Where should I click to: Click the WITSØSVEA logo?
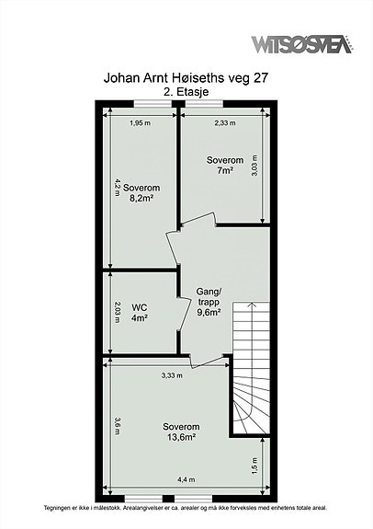click(301, 44)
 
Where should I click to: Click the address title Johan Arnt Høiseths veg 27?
click(186, 78)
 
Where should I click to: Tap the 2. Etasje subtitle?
click(186, 92)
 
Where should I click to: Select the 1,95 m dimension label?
click(141, 122)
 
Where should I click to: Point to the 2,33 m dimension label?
click(225, 122)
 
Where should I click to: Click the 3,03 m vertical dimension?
click(254, 166)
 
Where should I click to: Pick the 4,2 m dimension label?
click(117, 188)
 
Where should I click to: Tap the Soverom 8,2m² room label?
click(141, 193)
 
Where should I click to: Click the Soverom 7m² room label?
click(225, 166)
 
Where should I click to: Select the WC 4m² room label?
click(140, 313)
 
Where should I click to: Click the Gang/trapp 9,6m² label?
click(209, 302)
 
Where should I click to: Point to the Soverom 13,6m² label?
click(181, 431)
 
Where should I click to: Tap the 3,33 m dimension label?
click(172, 375)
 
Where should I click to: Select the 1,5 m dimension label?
click(254, 466)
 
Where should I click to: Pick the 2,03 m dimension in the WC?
click(117, 313)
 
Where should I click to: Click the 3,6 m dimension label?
click(117, 426)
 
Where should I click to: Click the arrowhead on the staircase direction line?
click(252, 305)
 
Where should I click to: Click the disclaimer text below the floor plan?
click(186, 508)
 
